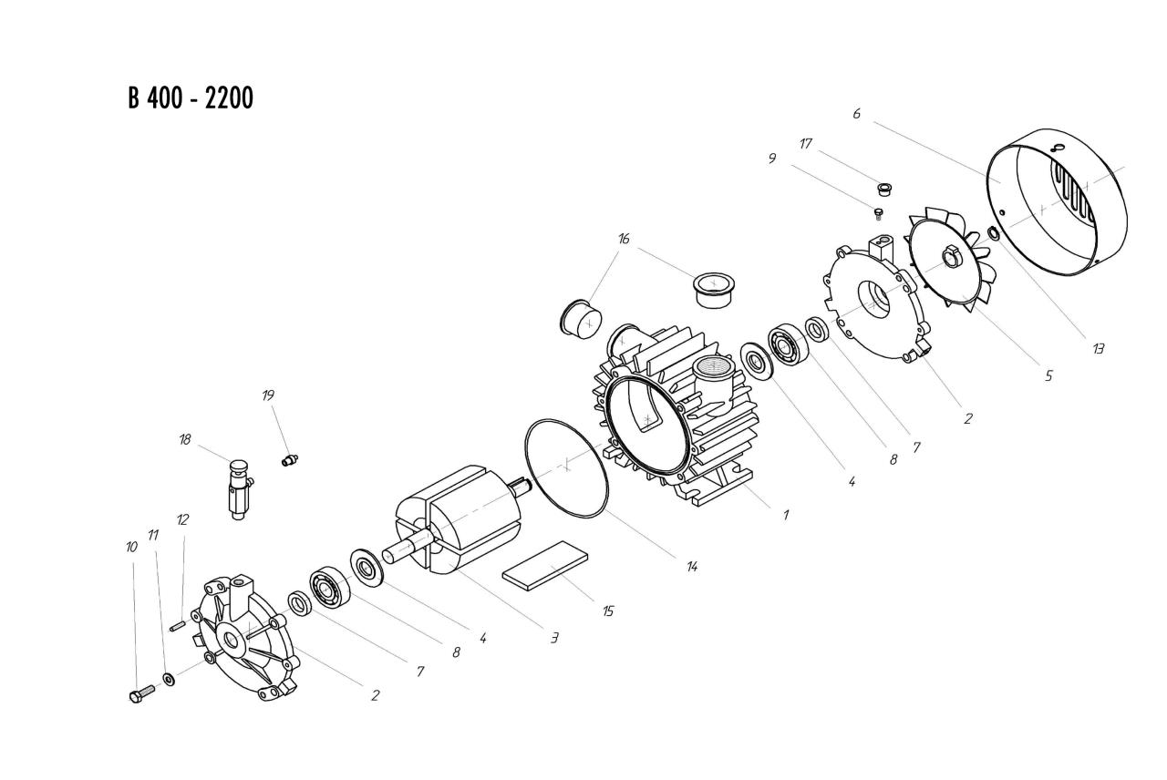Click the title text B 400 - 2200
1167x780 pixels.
[191, 97]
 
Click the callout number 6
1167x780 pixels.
[856, 114]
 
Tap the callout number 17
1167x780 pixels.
[806, 144]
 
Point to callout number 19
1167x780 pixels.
[268, 395]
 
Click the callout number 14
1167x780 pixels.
[692, 566]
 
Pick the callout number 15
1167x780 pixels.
[607, 611]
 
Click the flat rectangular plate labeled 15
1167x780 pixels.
[545, 565]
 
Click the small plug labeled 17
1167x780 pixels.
[883, 189]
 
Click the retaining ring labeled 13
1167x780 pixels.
[993, 234]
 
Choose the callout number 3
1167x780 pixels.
[553, 638]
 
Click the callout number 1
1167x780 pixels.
[785, 514]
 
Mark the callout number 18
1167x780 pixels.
[185, 439]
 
